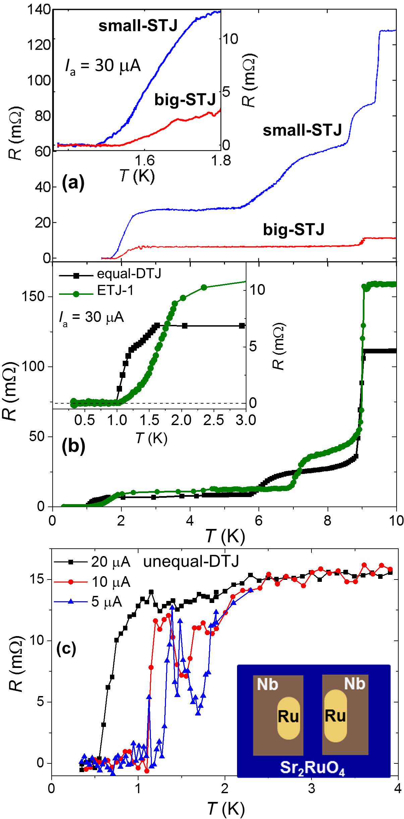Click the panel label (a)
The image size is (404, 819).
[x=73, y=183]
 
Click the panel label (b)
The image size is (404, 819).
[x=73, y=446]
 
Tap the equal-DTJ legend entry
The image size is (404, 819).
[x=110, y=274]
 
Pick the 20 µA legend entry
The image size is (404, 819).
[x=92, y=562]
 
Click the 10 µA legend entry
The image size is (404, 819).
[x=92, y=582]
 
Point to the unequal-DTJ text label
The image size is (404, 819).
[x=191, y=561]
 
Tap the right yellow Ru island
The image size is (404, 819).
[x=335, y=715]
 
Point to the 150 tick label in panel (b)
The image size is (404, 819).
[x=33, y=296]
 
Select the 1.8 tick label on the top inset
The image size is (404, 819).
[x=221, y=161]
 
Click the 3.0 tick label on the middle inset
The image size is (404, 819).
[x=246, y=420]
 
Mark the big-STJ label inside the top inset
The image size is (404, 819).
[x=185, y=99]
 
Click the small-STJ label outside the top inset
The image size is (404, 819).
[x=302, y=130]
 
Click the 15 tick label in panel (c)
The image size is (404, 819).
[x=37, y=579]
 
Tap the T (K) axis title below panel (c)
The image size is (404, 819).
[x=226, y=809]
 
